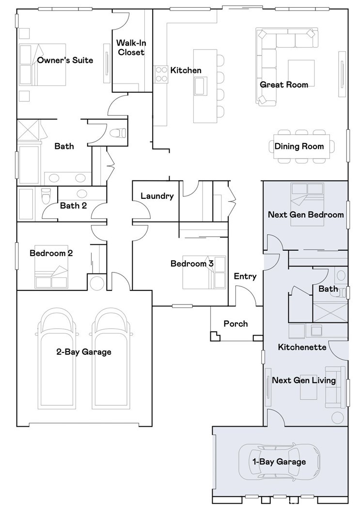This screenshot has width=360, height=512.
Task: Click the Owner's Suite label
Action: [x=65, y=60]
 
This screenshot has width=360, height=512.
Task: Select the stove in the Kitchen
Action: [x=161, y=74]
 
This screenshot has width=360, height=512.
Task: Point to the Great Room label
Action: [x=284, y=84]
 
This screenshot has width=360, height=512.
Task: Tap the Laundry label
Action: [x=157, y=196]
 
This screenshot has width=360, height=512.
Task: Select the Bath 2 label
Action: [x=73, y=206]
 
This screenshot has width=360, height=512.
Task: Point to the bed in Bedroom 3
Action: [x=203, y=272]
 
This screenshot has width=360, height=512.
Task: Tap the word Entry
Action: [x=245, y=276]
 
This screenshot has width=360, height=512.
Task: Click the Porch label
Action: [x=235, y=323]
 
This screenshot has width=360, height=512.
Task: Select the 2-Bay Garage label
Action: [x=83, y=352]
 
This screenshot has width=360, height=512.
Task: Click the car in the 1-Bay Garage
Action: [x=279, y=461]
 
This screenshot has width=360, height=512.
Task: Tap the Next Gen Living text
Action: [x=304, y=380]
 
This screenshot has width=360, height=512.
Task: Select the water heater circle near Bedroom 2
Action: [x=97, y=283]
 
